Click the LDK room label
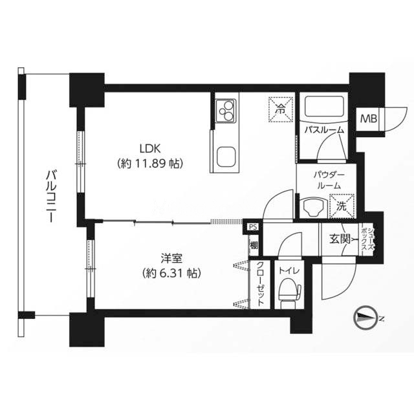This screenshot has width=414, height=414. point(150,149)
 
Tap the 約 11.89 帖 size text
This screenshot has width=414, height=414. point(150,164)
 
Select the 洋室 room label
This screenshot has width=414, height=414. point(171,259)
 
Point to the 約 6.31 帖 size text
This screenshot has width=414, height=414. point(171,273)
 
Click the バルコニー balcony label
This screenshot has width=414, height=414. point(52,197)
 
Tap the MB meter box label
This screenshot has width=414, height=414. point(369,119)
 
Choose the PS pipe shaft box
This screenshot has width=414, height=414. point(253,227)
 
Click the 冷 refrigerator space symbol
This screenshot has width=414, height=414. point(281,109)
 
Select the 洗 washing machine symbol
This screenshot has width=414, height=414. point(342,206)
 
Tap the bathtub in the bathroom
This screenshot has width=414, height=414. point(325,108)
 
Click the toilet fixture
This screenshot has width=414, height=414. point(289,292)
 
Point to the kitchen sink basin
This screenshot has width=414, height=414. point(226,157)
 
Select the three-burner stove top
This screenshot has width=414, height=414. point(225,111)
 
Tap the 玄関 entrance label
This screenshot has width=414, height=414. point(340,239)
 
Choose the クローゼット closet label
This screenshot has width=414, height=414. point(261,284)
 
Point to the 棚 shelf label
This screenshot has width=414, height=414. point(254,246)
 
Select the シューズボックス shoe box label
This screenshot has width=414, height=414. point(368,240)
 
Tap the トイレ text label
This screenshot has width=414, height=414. point(289,270)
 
